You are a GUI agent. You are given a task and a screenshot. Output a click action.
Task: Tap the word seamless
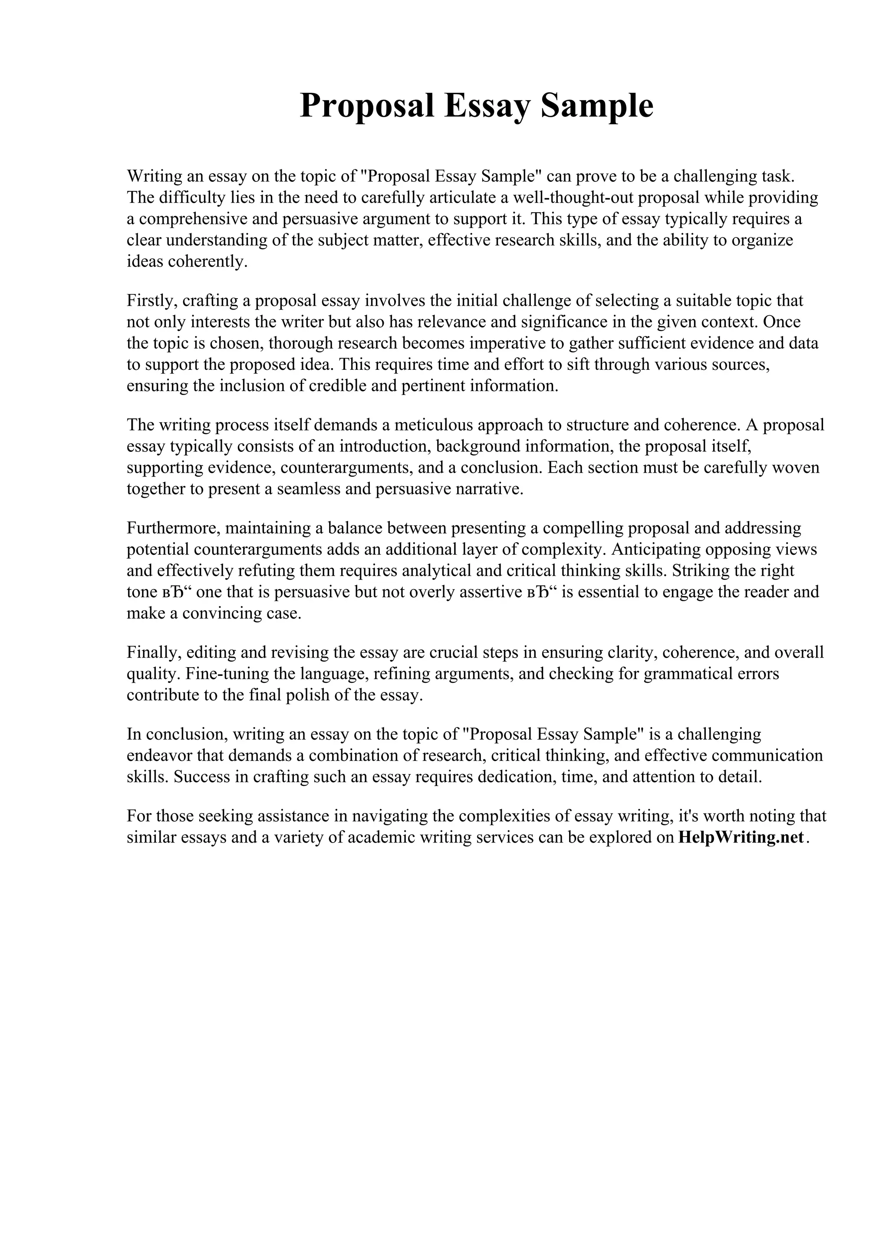click(308, 489)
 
